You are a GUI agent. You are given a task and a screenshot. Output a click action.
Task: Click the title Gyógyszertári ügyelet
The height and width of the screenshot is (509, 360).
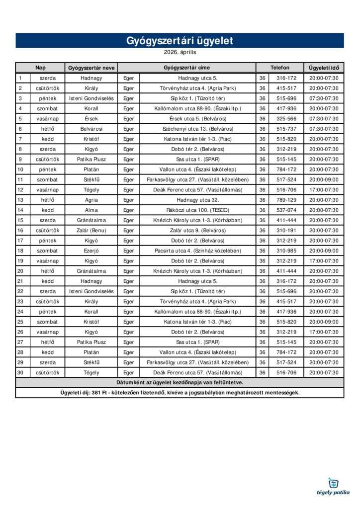tap(180, 41)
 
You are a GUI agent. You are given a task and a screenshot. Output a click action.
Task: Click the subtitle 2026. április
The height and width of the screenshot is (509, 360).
tap(180, 52)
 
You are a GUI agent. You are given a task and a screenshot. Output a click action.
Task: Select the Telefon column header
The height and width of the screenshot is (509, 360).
tap(279, 68)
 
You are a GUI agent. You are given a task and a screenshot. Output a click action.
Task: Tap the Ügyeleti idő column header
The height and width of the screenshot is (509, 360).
tap(323, 68)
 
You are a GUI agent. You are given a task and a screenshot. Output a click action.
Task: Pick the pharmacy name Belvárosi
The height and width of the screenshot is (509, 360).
tap(91, 129)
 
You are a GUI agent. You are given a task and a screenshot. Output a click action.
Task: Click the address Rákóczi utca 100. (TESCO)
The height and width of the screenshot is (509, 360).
tap(197, 210)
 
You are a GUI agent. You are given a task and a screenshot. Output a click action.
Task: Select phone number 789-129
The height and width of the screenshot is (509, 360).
tap(286, 200)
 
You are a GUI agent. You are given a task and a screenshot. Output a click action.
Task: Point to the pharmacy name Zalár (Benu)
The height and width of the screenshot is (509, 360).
tap(91, 230)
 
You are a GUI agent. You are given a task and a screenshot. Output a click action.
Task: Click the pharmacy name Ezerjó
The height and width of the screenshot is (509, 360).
tap(91, 251)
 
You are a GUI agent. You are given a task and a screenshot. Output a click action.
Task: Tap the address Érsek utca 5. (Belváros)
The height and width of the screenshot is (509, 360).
tap(197, 119)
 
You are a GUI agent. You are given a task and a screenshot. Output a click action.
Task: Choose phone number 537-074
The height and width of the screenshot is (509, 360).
tap(286, 210)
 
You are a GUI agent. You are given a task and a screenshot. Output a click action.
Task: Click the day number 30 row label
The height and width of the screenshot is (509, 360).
tap(20, 372)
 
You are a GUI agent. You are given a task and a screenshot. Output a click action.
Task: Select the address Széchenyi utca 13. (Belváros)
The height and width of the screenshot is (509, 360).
tap(197, 129)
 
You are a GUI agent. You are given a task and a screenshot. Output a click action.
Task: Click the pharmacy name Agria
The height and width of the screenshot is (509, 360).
tap(91, 200)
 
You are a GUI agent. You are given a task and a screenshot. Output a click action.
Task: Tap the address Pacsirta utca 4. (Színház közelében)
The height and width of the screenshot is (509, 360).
tap(197, 251)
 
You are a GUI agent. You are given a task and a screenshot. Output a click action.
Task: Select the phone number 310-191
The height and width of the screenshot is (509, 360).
tap(286, 230)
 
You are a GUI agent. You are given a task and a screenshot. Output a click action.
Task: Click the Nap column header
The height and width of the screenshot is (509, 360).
tap(40, 68)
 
